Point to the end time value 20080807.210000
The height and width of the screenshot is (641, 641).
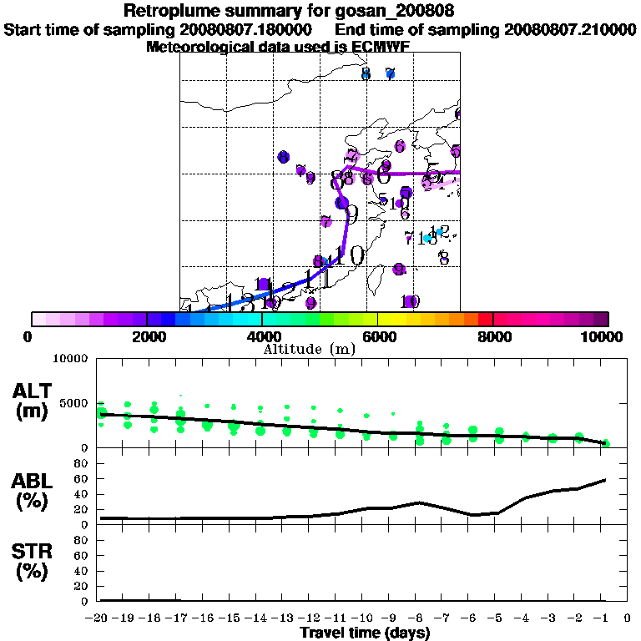point(569,29)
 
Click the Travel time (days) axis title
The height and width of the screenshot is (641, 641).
point(365,633)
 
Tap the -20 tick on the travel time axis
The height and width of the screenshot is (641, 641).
point(99,618)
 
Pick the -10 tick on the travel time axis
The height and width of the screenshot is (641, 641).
point(365,618)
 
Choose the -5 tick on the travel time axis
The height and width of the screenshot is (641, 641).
point(498,618)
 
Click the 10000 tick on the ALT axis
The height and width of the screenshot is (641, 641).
point(71,359)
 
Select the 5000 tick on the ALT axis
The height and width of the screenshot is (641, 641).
point(74,403)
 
